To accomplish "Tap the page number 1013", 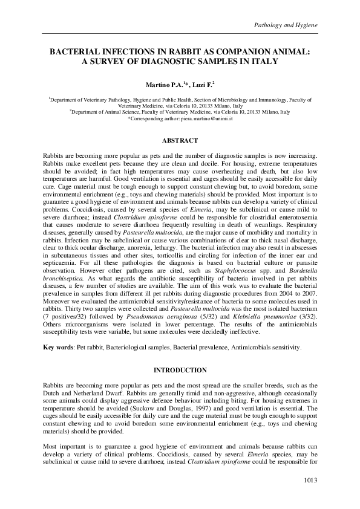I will pos(309,480).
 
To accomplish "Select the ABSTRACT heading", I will pos(180,140).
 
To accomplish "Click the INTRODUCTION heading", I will pos(180,369).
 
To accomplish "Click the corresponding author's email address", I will pos(198,119).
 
